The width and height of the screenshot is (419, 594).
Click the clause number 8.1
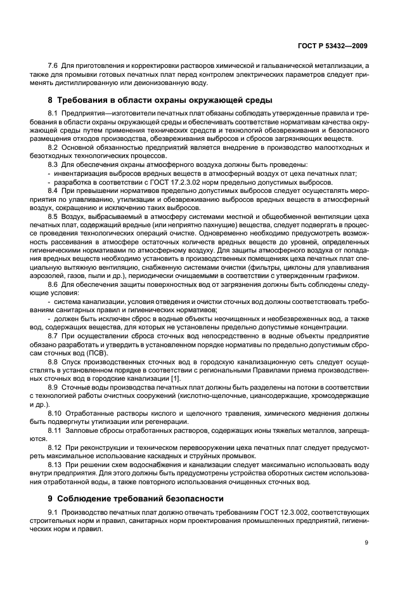tap(54, 113)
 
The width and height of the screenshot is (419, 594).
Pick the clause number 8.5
tap(54, 216)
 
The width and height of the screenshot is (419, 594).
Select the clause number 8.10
tap(56, 414)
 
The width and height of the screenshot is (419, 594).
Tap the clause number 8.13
tap(56, 465)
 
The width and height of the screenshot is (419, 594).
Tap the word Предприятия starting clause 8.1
tap(86, 113)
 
